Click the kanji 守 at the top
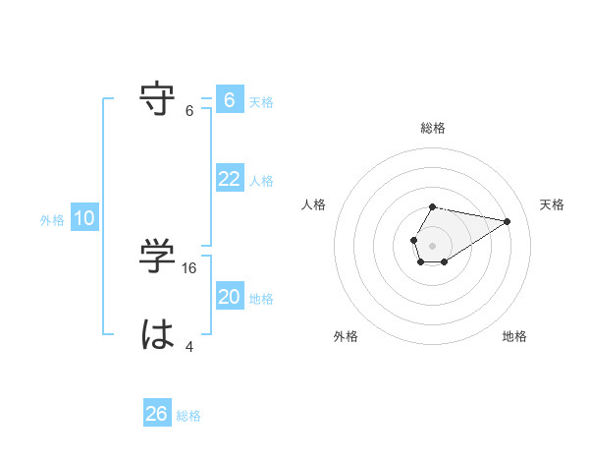(159, 99)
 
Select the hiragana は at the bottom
(159, 335)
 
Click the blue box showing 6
(229, 100)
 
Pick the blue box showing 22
(229, 179)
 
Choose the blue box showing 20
(229, 297)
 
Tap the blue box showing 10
(84, 218)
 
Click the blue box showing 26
(157, 414)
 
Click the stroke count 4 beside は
(189, 347)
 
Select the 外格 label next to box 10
(52, 220)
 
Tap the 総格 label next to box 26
(188, 416)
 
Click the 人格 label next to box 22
(261, 181)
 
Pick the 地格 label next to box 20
(261, 299)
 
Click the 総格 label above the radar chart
(433, 128)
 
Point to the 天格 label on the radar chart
(552, 204)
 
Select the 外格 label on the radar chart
(345, 336)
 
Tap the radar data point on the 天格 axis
(507, 220)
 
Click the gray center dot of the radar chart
(432, 244)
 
